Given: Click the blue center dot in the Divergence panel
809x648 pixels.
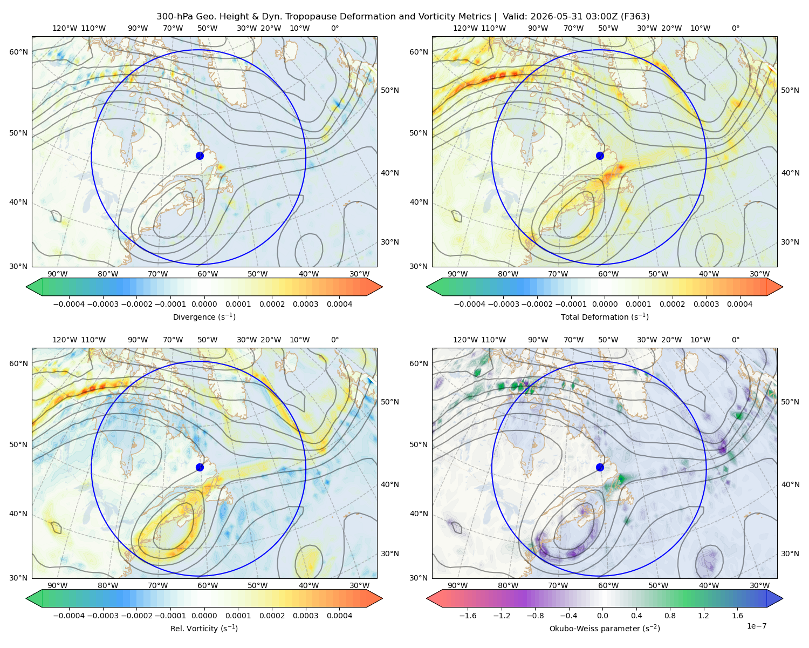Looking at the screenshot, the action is [x=200, y=156].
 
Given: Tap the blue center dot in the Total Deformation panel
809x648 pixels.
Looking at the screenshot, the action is [x=600, y=156].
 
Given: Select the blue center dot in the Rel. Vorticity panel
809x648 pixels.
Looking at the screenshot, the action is [x=200, y=467].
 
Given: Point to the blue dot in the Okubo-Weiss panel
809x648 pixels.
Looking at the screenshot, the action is [x=600, y=467].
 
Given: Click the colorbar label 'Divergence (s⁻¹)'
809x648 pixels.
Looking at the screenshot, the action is [x=204, y=316].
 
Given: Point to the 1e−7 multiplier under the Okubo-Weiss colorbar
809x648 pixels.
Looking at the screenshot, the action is [x=756, y=626].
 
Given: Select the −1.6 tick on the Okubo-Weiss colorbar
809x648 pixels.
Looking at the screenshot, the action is [x=468, y=616].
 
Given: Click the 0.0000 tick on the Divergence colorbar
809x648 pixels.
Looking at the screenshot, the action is [x=204, y=304].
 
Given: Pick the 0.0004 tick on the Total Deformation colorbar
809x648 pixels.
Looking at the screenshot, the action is [x=740, y=304].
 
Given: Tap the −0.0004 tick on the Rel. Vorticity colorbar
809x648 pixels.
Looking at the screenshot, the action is [x=69, y=616].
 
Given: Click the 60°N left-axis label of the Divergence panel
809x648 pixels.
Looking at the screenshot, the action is [x=18, y=52].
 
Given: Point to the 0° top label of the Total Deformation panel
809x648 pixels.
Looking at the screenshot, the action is [x=735, y=28].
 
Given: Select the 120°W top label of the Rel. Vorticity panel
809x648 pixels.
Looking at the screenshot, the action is [x=65, y=340].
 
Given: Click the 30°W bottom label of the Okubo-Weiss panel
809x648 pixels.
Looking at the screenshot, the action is [x=760, y=585].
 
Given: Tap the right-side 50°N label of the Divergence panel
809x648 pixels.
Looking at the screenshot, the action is [x=390, y=90].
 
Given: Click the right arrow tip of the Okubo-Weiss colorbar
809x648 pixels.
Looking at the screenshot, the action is [x=783, y=598].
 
